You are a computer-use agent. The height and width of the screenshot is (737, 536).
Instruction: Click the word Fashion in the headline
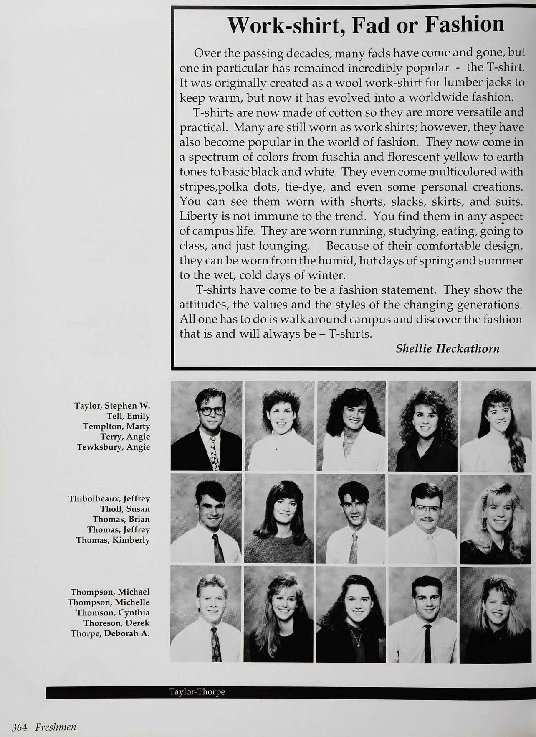[464, 24]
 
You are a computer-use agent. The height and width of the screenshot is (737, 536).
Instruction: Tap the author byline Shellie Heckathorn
[448, 348]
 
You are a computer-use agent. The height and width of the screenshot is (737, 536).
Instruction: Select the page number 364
[19, 727]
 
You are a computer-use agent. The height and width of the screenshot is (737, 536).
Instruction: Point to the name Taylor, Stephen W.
[112, 406]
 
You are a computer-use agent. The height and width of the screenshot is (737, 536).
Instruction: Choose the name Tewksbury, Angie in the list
[113, 447]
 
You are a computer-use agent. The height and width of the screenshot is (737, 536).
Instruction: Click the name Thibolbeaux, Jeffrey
[109, 498]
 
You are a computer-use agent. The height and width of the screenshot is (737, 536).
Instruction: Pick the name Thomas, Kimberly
[113, 540]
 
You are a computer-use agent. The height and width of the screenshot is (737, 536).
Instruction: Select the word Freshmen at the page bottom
[56, 727]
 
